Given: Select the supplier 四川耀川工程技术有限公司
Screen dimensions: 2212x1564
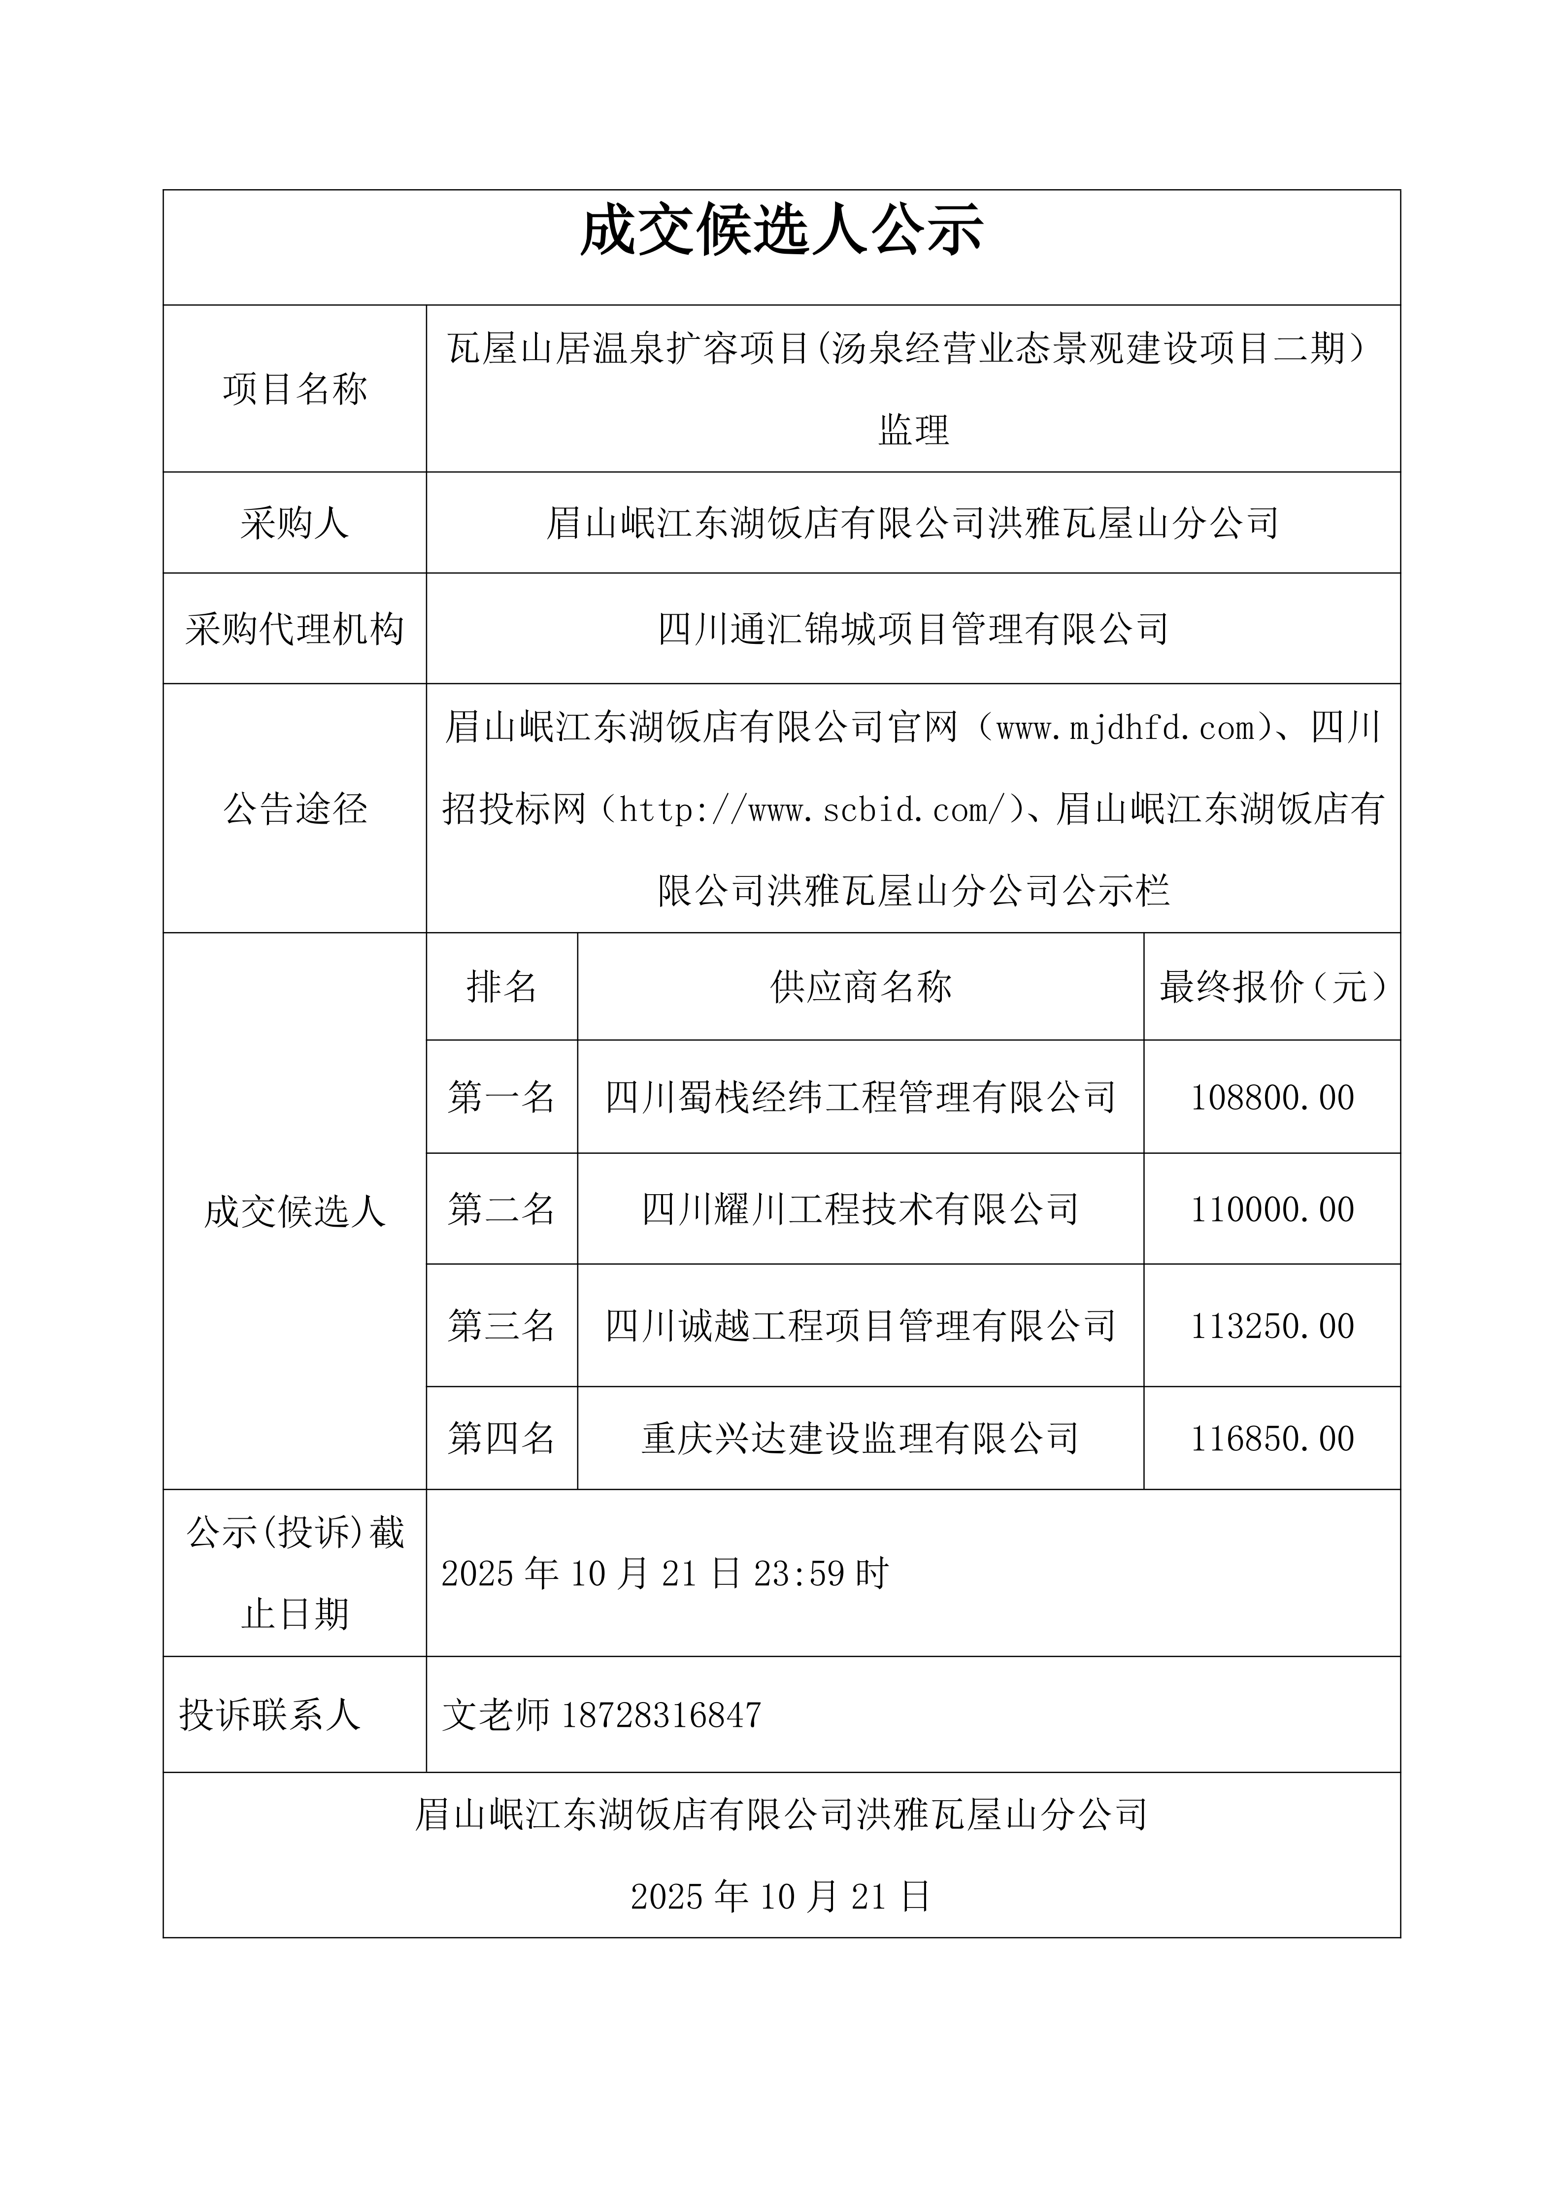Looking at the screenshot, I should (x=861, y=1209).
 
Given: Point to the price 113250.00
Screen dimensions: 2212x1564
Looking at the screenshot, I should (x=1272, y=1326).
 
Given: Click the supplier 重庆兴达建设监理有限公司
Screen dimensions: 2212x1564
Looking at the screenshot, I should (x=861, y=1439).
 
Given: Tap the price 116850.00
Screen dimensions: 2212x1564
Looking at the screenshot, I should (x=1272, y=1439).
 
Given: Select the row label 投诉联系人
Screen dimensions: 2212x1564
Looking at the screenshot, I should (x=270, y=1715).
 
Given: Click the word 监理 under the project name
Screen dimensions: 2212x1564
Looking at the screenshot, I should (x=913, y=431).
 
